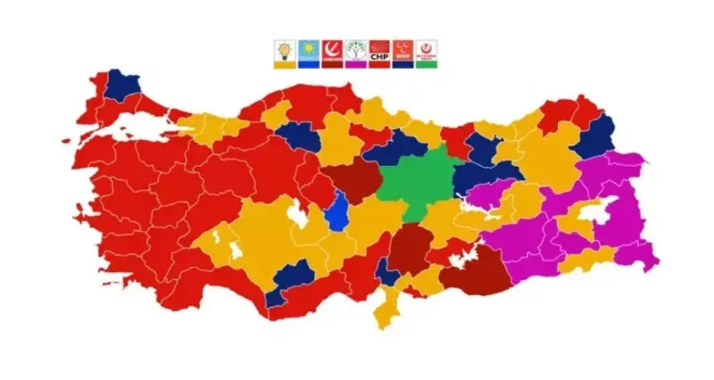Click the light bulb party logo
pyautogui.click(x=285, y=50)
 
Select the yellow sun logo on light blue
pyautogui.click(x=309, y=50)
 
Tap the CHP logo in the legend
pyautogui.click(x=380, y=50)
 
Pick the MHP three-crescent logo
pyautogui.click(x=403, y=50)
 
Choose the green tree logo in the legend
pyautogui.click(x=356, y=50)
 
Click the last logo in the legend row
pyautogui.click(x=428, y=50)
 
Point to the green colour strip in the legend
pyautogui.click(x=428, y=65)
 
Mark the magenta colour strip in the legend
pyautogui.click(x=356, y=65)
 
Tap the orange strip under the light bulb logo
pyautogui.click(x=285, y=65)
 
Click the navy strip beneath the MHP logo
pyautogui.click(x=403, y=65)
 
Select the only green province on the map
pyautogui.click(x=417, y=183)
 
